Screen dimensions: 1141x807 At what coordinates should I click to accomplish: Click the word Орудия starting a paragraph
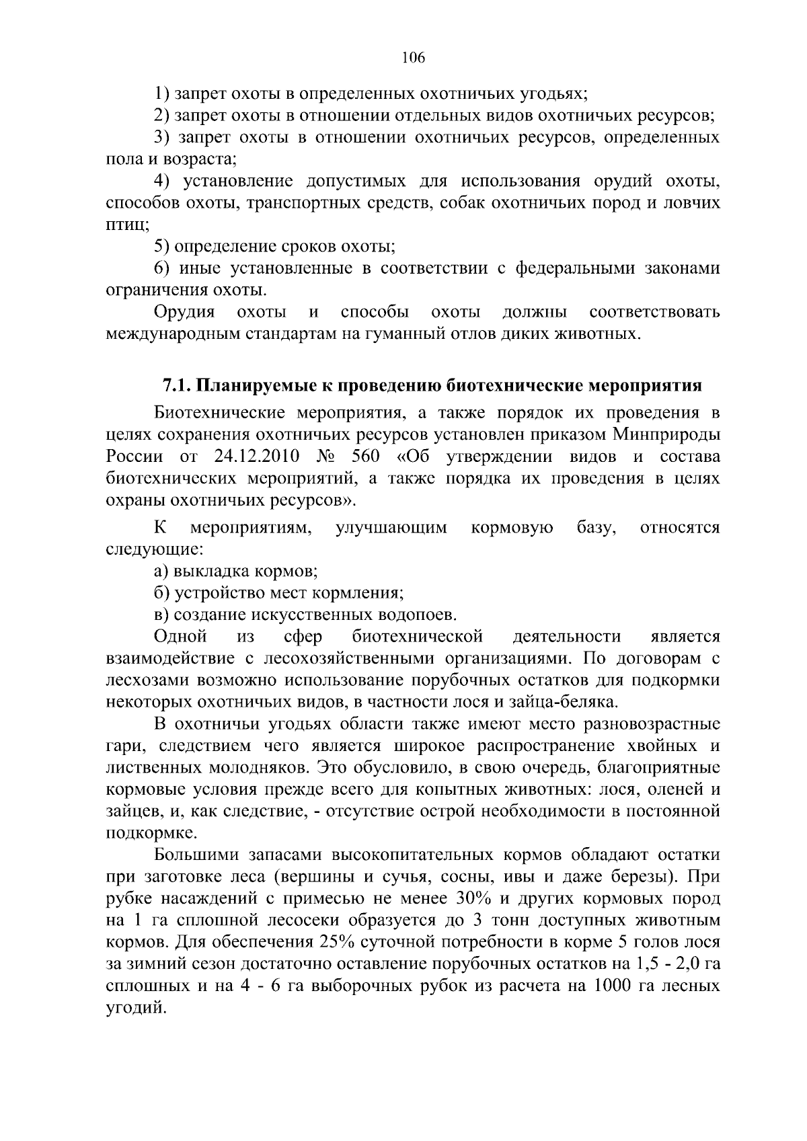point(184,312)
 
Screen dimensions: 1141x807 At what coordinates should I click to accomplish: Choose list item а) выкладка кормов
point(235,572)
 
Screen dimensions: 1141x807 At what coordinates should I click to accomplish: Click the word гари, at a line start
point(123,746)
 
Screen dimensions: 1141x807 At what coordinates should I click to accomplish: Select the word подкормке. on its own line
point(143,834)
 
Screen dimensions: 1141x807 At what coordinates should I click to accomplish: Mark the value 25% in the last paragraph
point(330,943)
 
